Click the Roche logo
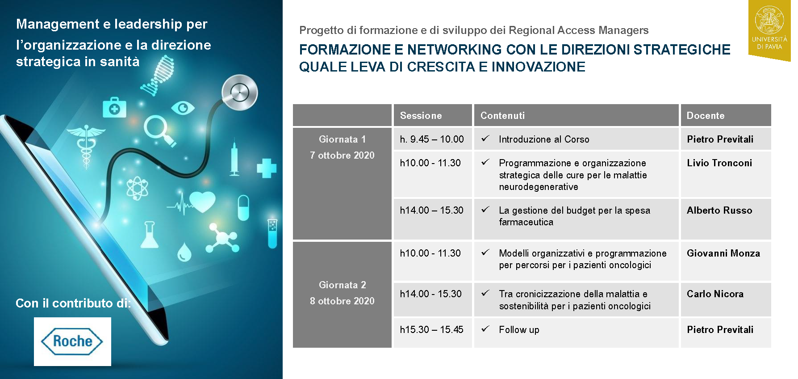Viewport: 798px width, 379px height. [x=72, y=341]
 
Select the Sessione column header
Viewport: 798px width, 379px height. [x=421, y=116]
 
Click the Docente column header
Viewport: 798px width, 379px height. [x=705, y=116]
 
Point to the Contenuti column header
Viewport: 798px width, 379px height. [x=502, y=116]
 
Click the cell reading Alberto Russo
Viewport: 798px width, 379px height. [x=719, y=211]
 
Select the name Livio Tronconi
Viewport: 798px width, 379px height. [x=719, y=163]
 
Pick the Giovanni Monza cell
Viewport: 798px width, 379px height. [x=723, y=253]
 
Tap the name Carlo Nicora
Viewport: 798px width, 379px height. [x=715, y=294]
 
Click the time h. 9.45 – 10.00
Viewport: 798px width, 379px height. [x=431, y=139]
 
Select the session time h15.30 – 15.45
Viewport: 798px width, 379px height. [x=431, y=330]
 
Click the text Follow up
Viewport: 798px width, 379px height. [x=519, y=330]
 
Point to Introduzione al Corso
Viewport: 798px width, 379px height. [x=543, y=139]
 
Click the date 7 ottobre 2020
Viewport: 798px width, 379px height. [x=342, y=156]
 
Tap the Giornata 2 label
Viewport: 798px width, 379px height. [x=342, y=285]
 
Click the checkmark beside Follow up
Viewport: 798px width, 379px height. [x=485, y=329]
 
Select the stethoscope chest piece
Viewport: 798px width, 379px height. [x=240, y=93]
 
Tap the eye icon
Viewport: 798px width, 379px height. [x=183, y=108]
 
